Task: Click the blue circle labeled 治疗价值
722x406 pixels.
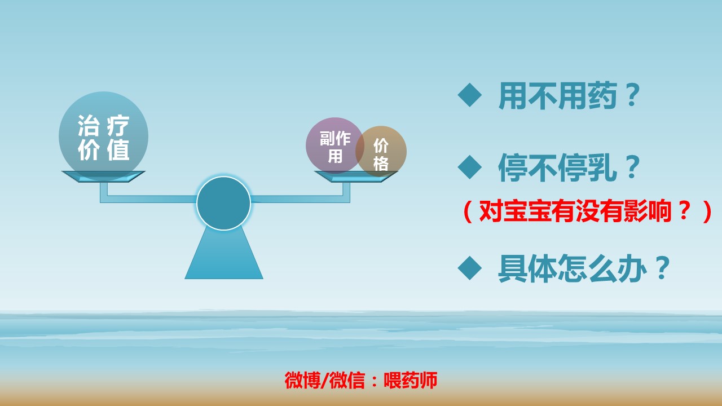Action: tap(103, 136)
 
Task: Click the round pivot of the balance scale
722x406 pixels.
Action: tap(223, 204)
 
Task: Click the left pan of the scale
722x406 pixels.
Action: tap(103, 176)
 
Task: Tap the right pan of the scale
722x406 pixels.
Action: tap(356, 176)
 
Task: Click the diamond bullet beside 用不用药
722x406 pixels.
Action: tap(469, 96)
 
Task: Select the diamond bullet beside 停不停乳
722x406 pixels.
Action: tap(469, 167)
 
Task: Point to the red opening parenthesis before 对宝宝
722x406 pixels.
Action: tap(466, 213)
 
